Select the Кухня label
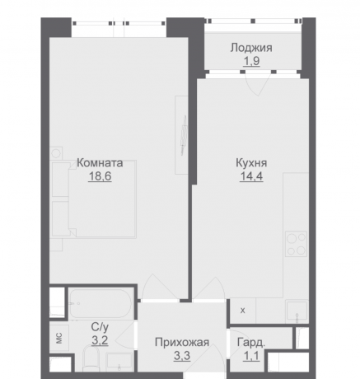[x=249, y=163]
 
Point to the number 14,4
[x=249, y=175]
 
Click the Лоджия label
[x=252, y=48]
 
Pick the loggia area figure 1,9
[x=252, y=60]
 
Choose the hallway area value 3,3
[x=181, y=356]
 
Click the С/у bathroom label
[x=98, y=326]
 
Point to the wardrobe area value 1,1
[x=250, y=355]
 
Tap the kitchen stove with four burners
[x=296, y=243]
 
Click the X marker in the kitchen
[x=242, y=311]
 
